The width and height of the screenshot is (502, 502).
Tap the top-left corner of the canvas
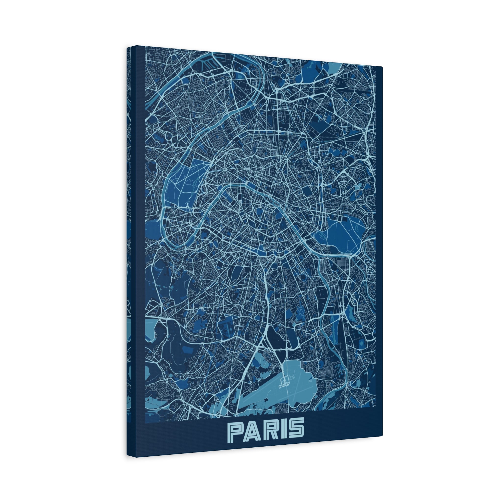pyautogui.click(x=127, y=49)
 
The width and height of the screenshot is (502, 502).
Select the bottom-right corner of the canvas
pyautogui.click(x=382, y=436)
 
